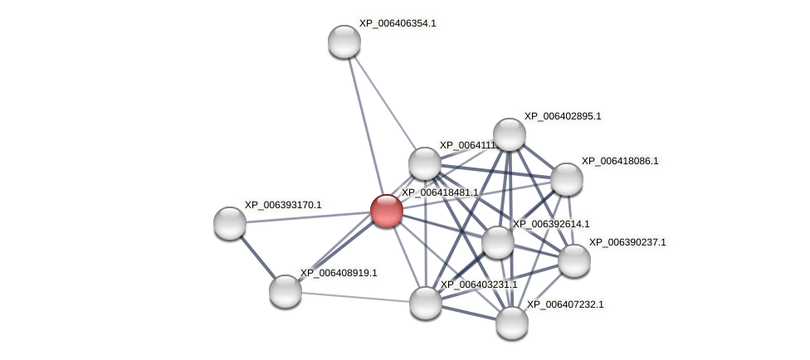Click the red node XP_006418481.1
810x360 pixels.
pyautogui.click(x=386, y=211)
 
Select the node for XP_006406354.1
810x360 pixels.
pyautogui.click(x=344, y=41)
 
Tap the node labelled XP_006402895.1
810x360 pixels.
pyautogui.click(x=509, y=134)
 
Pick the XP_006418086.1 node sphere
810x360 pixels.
pyautogui.click(x=566, y=179)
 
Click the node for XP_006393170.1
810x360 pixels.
pyautogui.click(x=230, y=223)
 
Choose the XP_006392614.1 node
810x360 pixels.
pyautogui.click(x=497, y=242)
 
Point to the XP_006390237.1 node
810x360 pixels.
pyautogui.click(x=573, y=260)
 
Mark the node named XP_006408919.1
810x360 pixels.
pyautogui.click(x=285, y=291)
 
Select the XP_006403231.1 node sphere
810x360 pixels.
pyautogui.click(x=425, y=303)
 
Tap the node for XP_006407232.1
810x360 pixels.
pyautogui.click(x=511, y=323)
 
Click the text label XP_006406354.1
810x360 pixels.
pyautogui.click(x=397, y=23)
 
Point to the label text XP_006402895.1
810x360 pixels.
pyautogui.click(x=562, y=116)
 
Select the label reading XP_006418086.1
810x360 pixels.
pyautogui.click(x=619, y=161)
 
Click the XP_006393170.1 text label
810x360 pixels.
pyautogui.click(x=282, y=205)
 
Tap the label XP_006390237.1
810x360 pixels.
pyautogui.click(x=627, y=242)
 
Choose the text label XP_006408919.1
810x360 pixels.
pyautogui.click(x=338, y=273)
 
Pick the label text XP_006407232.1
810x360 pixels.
pyautogui.click(x=564, y=304)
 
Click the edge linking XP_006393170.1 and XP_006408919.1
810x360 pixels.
pyautogui.click(x=257, y=257)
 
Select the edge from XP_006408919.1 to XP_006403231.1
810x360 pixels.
pyautogui.click(x=355, y=297)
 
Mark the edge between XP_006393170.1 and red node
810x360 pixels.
pyautogui.click(x=308, y=217)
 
